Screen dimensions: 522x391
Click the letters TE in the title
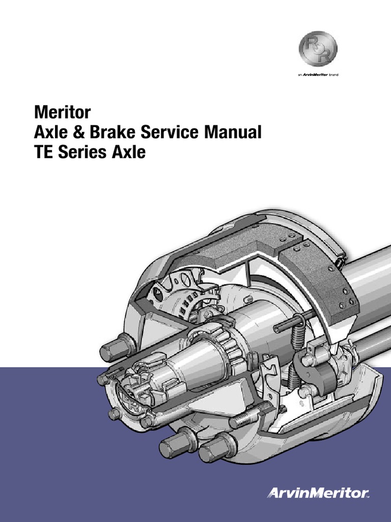coord(43,152)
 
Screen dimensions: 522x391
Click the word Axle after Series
coord(128,152)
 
